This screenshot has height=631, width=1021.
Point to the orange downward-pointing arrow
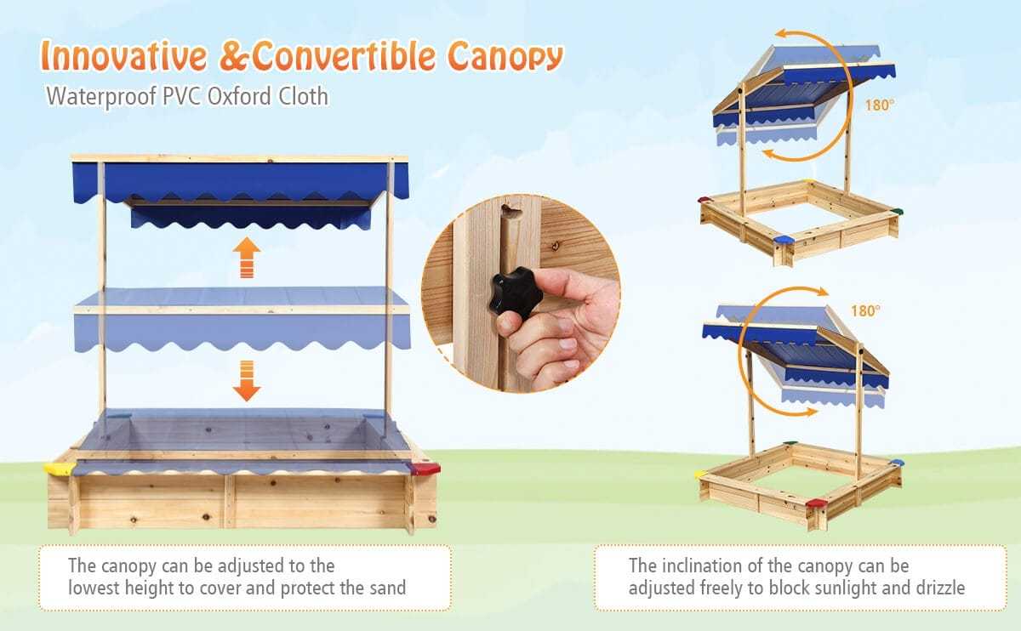tap(247, 380)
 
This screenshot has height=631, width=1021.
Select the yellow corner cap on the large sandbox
tap(58, 468)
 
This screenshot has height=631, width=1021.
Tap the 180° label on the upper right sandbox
tap(881, 106)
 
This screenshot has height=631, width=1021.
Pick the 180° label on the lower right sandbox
tap(864, 311)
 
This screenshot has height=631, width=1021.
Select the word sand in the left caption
tap(386, 588)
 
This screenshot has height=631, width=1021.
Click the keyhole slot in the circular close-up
tap(508, 209)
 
